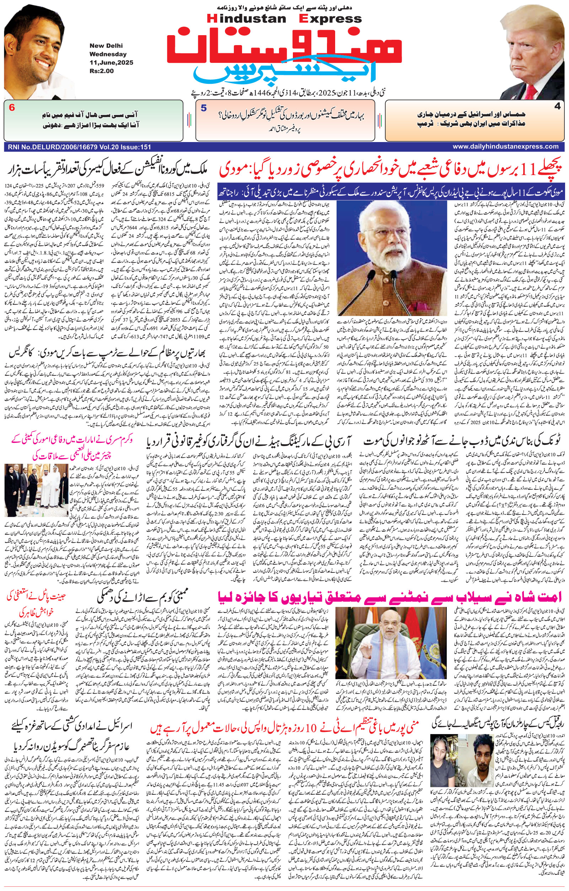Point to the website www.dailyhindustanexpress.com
click(505, 147)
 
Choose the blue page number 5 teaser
click(204, 108)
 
